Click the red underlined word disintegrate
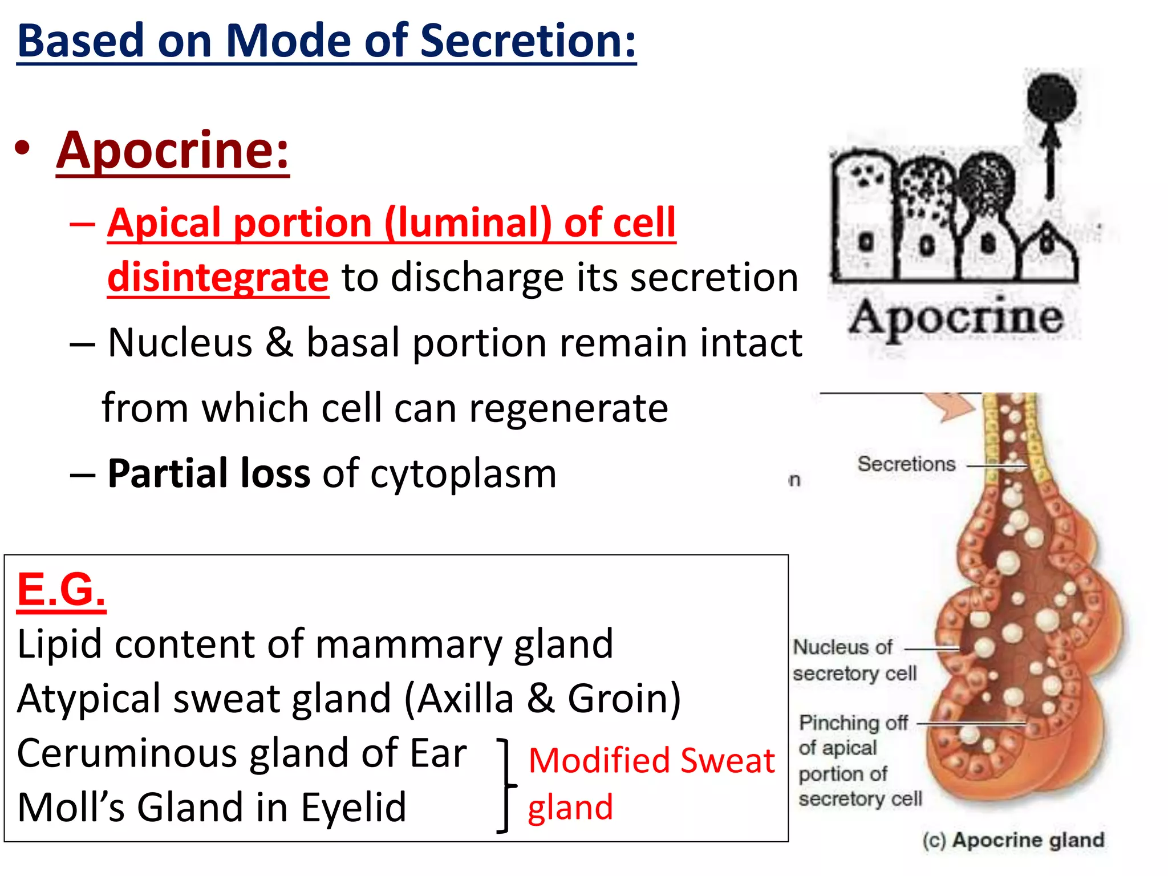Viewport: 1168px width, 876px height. (x=218, y=277)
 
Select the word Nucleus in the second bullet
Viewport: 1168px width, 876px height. (x=180, y=343)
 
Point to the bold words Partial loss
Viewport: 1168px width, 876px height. (x=209, y=473)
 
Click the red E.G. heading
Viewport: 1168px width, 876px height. (x=62, y=589)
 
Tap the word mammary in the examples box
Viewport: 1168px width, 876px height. (x=408, y=644)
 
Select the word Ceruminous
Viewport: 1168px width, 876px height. (x=127, y=753)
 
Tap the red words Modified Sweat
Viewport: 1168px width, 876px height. (x=651, y=761)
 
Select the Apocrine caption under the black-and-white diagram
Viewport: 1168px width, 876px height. (x=956, y=318)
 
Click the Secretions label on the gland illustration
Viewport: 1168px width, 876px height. (x=906, y=464)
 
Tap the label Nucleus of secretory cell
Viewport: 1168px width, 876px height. (x=854, y=660)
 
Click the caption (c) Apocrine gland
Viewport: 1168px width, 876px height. (x=1013, y=840)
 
